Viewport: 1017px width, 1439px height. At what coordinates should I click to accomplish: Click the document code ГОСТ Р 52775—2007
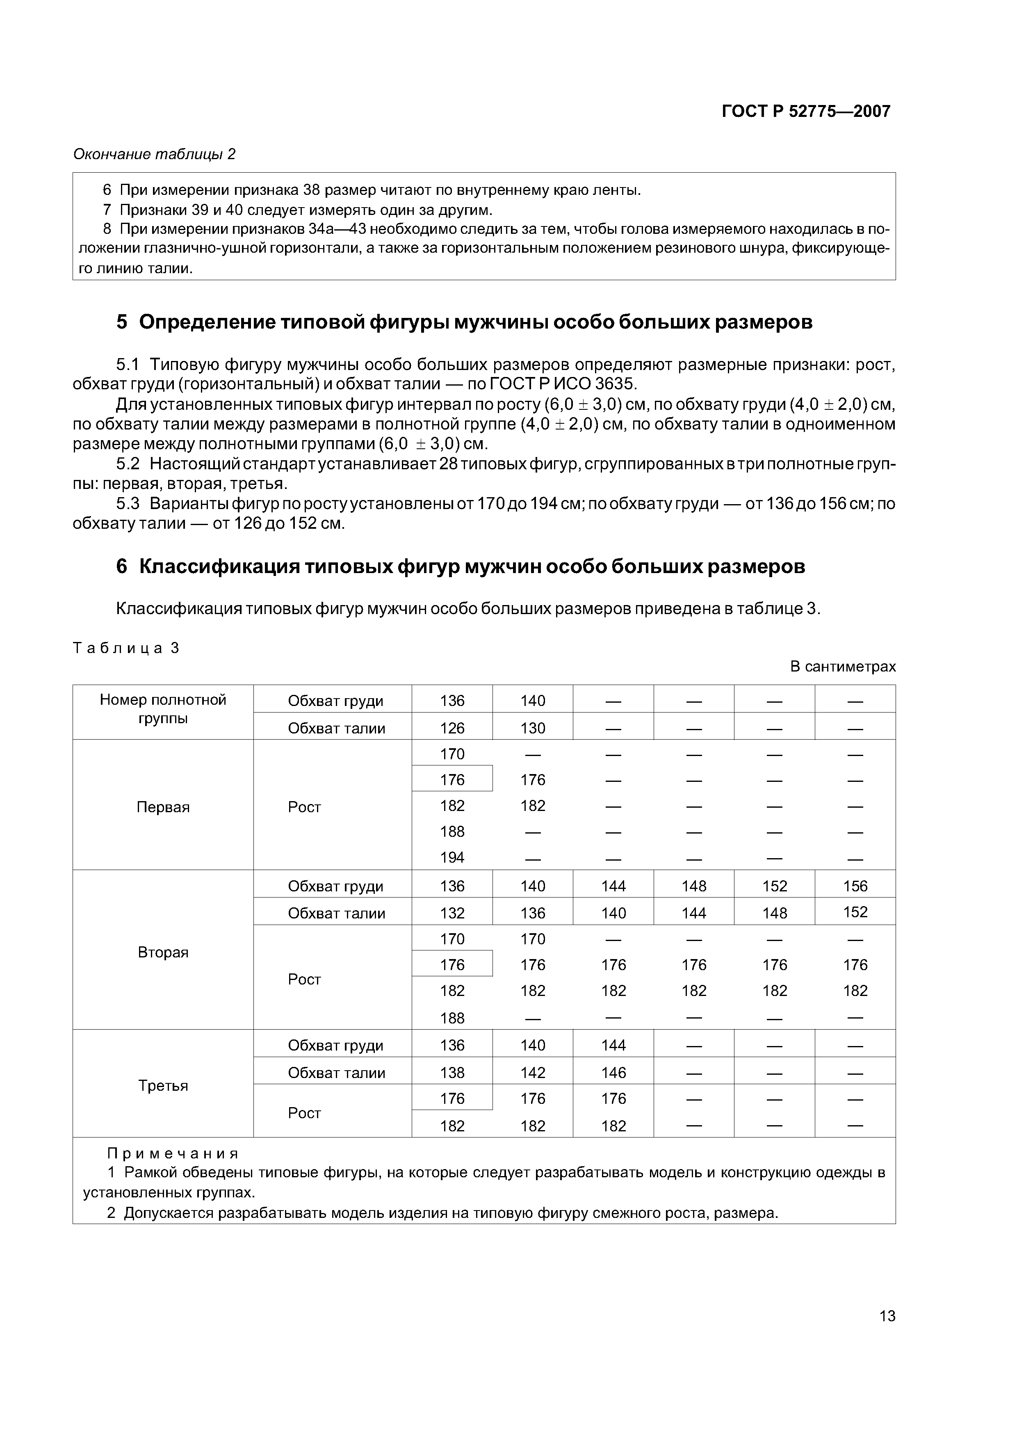(805, 112)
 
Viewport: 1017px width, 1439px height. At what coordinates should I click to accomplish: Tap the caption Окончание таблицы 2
(154, 154)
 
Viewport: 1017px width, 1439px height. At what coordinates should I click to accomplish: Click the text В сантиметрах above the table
(842, 666)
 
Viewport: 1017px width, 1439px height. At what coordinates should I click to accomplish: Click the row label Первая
(163, 807)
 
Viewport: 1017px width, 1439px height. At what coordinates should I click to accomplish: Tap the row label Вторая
(163, 952)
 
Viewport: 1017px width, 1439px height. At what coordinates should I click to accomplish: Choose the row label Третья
(163, 1085)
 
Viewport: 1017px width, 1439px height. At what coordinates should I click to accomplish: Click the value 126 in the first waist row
(452, 728)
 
